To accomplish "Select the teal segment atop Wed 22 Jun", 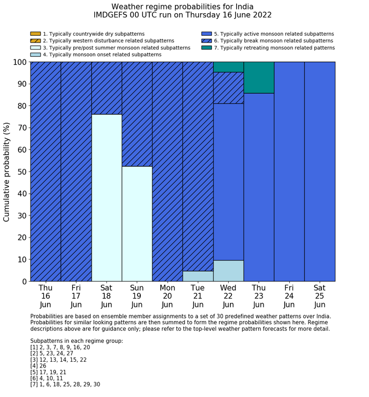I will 228,67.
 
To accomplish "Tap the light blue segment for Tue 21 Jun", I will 198,276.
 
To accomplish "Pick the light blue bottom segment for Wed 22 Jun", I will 228,271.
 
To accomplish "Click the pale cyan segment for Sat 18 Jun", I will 106,197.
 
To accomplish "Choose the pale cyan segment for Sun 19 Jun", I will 137,224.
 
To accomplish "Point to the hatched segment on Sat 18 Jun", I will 106,88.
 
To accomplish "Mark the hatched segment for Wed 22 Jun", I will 228,87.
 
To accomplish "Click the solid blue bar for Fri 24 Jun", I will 289,172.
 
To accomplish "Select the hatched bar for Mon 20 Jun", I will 167,172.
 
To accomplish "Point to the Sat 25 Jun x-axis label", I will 319,296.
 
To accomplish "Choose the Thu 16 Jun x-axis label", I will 45,296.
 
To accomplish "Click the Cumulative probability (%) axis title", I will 7,172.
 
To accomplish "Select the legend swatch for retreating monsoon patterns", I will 207,48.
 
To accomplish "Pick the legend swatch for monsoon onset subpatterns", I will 35,55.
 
